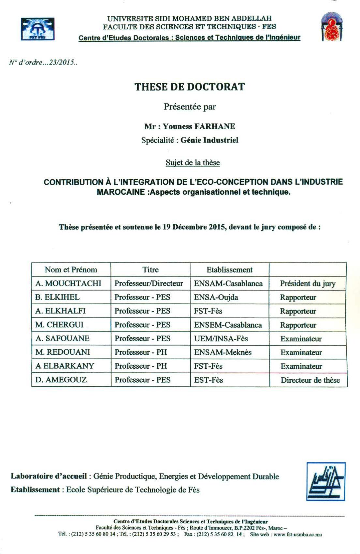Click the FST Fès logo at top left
click(37, 29)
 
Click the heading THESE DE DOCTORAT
click(189, 87)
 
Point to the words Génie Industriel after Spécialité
click(209, 140)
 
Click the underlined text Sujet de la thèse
click(193, 163)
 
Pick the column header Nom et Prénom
click(71, 270)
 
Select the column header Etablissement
click(229, 270)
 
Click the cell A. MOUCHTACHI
click(68, 283)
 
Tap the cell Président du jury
click(308, 284)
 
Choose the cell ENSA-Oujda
click(216, 297)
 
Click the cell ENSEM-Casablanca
click(228, 325)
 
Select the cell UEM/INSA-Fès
click(221, 339)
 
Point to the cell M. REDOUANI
click(63, 352)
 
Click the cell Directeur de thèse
click(310, 380)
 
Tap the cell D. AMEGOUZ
click(61, 380)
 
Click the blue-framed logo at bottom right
click(325, 481)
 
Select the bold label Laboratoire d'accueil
click(49, 476)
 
